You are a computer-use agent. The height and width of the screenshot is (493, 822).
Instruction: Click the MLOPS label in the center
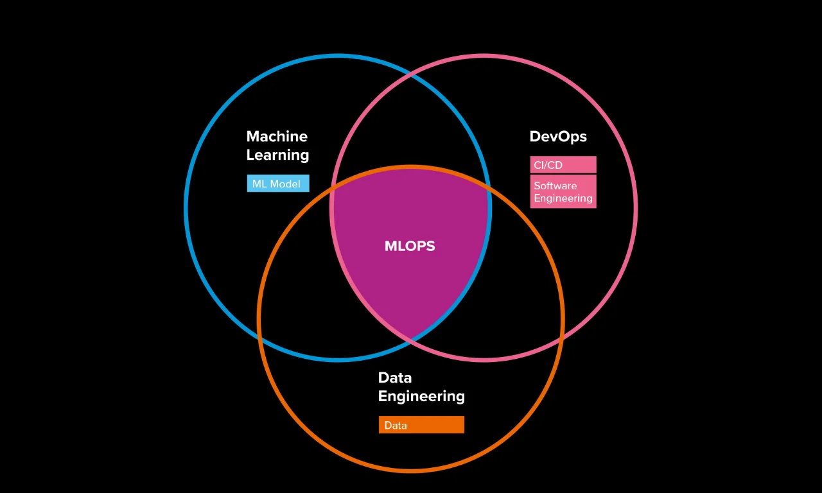(x=410, y=246)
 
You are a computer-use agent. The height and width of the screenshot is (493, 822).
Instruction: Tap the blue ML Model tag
(x=277, y=184)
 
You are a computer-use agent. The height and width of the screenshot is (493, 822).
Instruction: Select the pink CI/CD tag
(x=563, y=165)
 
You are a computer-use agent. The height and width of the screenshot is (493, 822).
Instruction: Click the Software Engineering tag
(x=563, y=192)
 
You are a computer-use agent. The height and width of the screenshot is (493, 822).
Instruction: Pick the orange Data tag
(x=421, y=425)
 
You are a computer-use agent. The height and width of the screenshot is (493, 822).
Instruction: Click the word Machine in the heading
(x=277, y=136)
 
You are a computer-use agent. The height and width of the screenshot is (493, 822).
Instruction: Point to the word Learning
(x=277, y=155)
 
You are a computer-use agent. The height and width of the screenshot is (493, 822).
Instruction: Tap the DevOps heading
(x=557, y=136)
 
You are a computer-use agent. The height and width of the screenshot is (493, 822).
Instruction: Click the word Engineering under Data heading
(x=421, y=396)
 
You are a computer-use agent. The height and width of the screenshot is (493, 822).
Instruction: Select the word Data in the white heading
(x=394, y=377)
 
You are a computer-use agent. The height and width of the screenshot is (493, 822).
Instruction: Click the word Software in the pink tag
(x=555, y=186)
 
